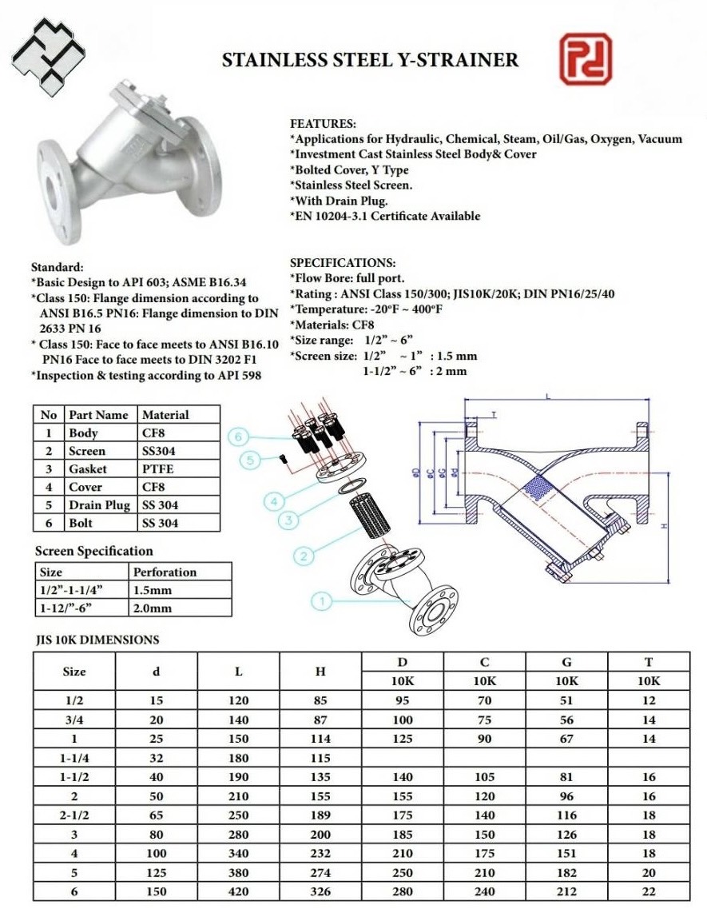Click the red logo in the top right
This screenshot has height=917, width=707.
point(586,59)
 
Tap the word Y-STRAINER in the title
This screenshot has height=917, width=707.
point(466,60)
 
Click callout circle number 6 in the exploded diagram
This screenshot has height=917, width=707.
point(238,437)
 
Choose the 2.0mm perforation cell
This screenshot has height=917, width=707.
point(153,608)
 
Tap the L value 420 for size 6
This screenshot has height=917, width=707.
point(238,891)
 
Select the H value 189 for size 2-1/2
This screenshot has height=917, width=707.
point(320,815)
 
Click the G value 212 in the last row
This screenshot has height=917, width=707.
point(566,891)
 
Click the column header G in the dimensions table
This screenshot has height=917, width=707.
point(566,662)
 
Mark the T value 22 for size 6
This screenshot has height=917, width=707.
point(648,891)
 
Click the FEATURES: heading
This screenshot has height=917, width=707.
point(323,124)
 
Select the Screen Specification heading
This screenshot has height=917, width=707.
point(94,551)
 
